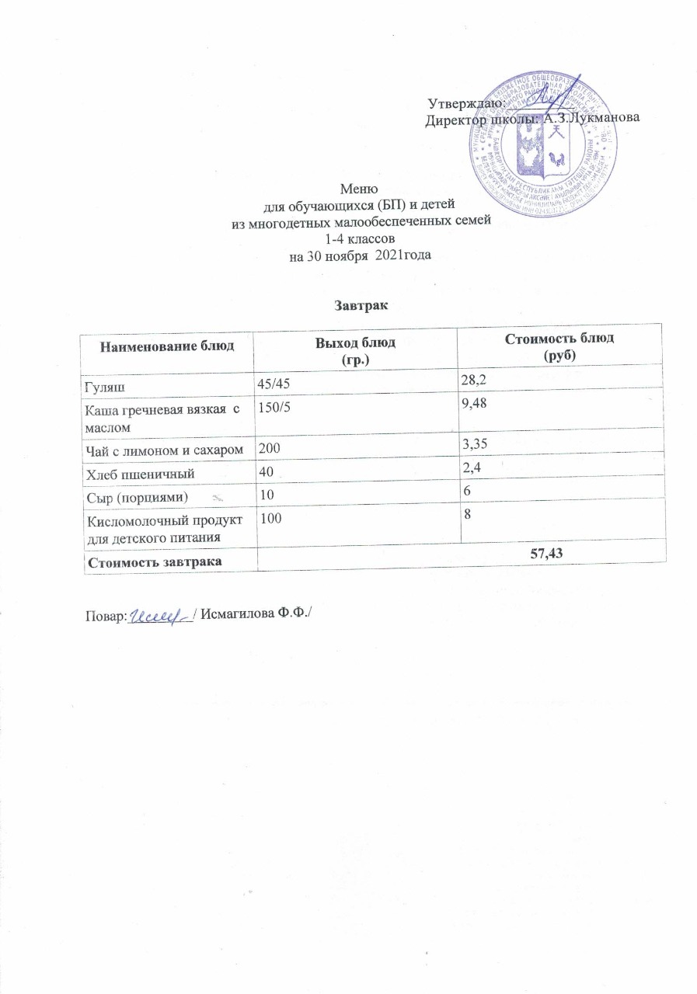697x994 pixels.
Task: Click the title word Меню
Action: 360,189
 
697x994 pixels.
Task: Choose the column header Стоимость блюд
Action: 559,345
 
